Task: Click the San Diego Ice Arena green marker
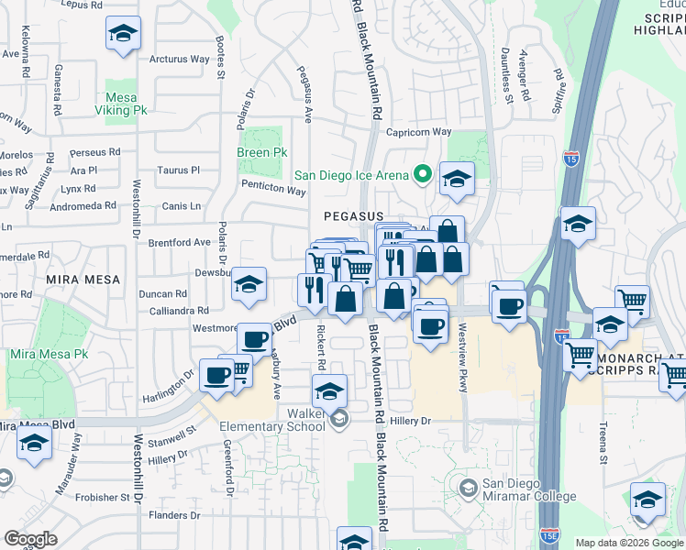click(x=423, y=172)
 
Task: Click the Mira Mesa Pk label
click(x=49, y=354)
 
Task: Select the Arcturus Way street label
click(x=180, y=60)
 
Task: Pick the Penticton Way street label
click(x=273, y=191)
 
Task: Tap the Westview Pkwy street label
click(x=463, y=358)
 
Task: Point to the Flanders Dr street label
click(x=169, y=515)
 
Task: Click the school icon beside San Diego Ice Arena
click(x=456, y=179)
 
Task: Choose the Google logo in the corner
click(x=30, y=538)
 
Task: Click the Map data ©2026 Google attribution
click(x=629, y=543)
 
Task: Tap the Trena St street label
click(x=603, y=440)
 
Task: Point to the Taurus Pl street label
click(x=178, y=170)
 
